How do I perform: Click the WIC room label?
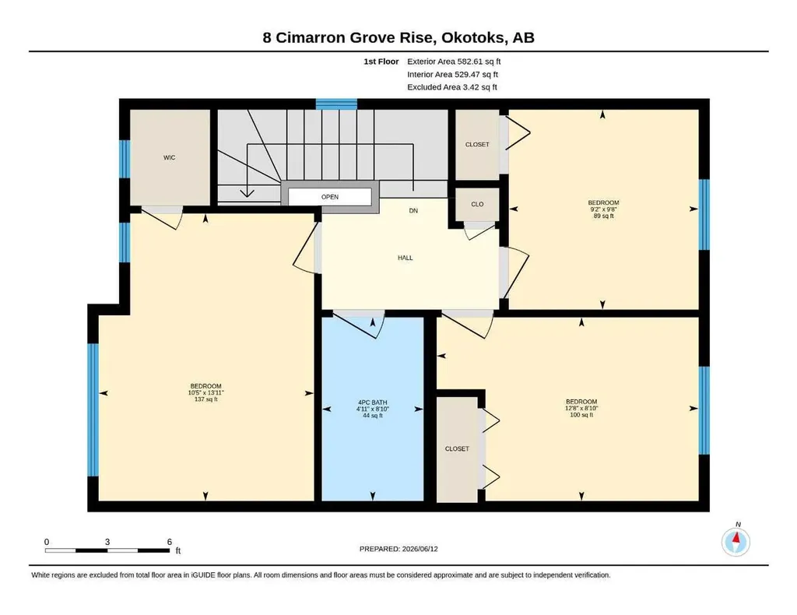(x=169, y=157)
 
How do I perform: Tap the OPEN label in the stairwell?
(x=330, y=197)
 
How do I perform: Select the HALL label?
(x=405, y=258)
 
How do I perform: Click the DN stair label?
(x=413, y=210)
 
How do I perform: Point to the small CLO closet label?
(x=477, y=204)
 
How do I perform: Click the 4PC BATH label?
(x=373, y=402)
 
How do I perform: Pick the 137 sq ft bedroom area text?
(x=205, y=399)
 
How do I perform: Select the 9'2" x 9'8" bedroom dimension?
(x=603, y=209)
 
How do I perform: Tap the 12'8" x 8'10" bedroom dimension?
(x=581, y=408)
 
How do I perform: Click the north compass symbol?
(x=736, y=542)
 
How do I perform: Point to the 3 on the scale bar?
(x=107, y=542)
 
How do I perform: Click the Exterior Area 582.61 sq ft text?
(x=454, y=61)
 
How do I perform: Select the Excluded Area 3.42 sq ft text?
(x=452, y=87)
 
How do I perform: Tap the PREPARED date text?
(x=398, y=549)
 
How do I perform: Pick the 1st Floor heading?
(x=381, y=61)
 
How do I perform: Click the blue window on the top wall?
(x=336, y=104)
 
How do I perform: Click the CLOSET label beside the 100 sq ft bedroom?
(x=457, y=449)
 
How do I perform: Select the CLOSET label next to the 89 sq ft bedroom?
(x=477, y=144)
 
